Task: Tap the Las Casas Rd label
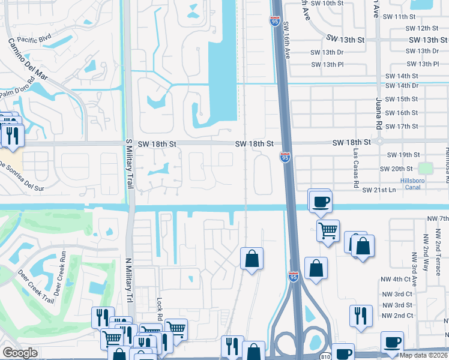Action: pos(355,165)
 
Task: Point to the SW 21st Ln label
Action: pos(380,190)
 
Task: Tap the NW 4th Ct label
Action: pos(399,279)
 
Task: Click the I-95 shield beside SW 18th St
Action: pos(285,157)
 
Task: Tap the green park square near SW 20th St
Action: pos(426,168)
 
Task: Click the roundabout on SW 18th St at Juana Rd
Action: pos(379,142)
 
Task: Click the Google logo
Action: pos(20,353)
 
